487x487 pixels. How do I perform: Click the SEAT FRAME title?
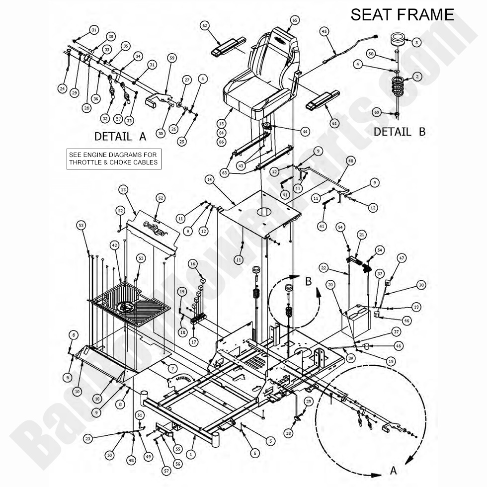(x=402, y=14)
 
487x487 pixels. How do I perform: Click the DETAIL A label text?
(x=120, y=136)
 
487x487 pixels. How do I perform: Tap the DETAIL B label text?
(x=399, y=132)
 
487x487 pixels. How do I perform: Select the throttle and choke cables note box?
(x=114, y=159)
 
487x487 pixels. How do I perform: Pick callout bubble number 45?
(x=324, y=32)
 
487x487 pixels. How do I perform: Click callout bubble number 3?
(x=416, y=43)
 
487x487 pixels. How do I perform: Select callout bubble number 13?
(x=123, y=189)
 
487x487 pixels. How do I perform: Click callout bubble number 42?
(x=114, y=245)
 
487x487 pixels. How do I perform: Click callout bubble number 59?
(x=172, y=58)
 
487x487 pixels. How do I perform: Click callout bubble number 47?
(x=402, y=258)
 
